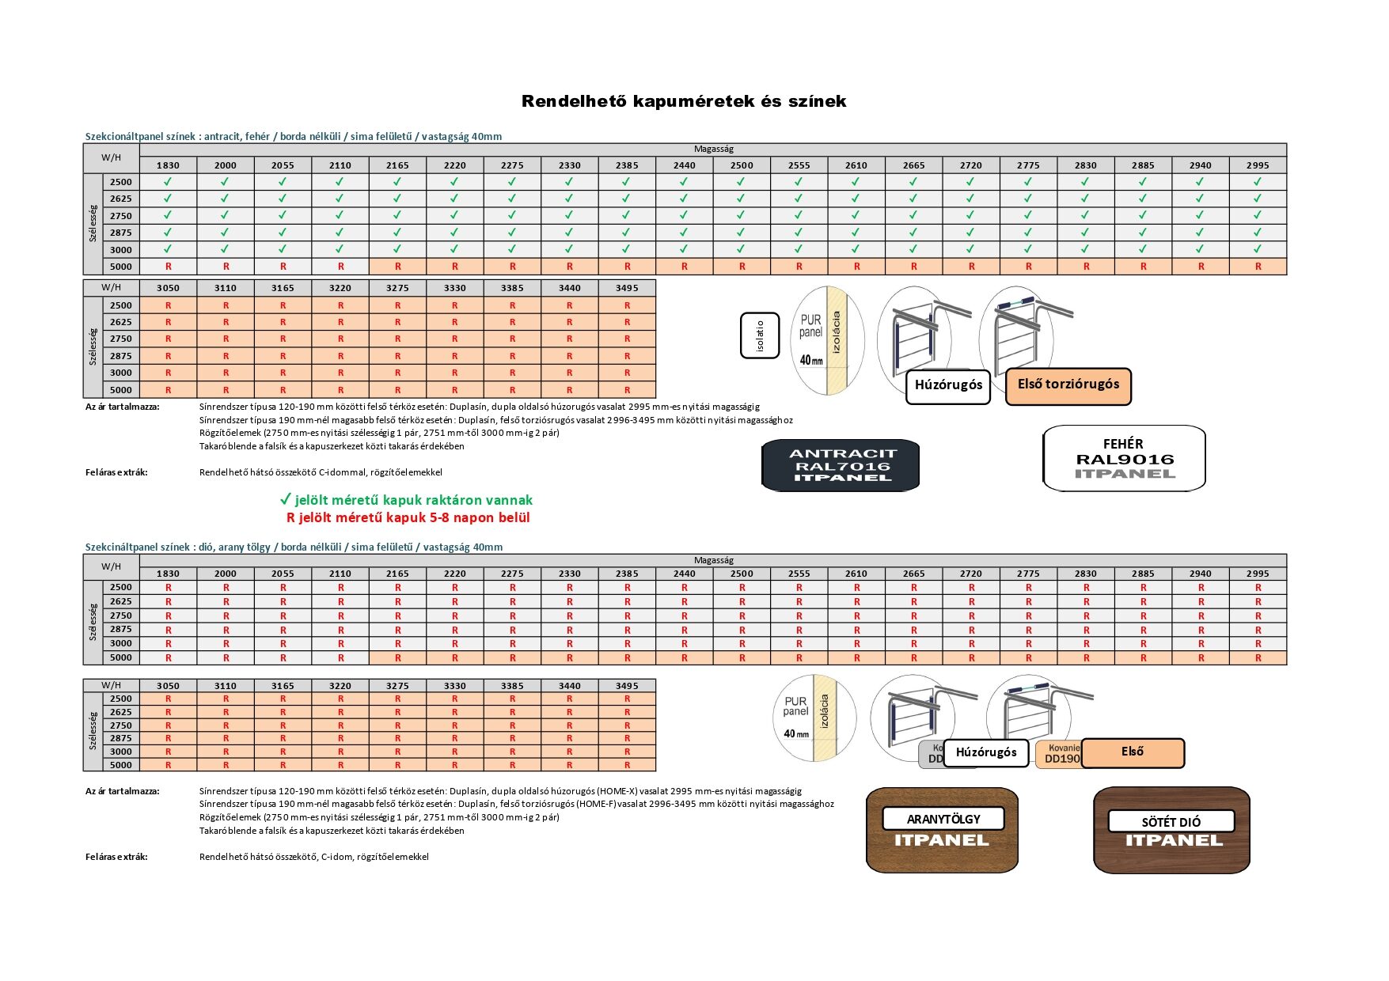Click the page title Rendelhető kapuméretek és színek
(x=684, y=101)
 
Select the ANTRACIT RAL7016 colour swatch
(x=841, y=465)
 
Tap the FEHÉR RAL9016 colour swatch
(x=1124, y=459)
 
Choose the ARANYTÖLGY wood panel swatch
(x=942, y=830)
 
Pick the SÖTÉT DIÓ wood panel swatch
(x=1171, y=830)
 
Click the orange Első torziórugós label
(x=1068, y=385)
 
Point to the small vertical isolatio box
(x=761, y=335)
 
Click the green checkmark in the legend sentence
(x=286, y=499)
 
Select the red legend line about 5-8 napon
(x=408, y=517)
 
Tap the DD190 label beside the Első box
(x=1061, y=758)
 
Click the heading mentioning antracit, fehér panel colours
(x=293, y=136)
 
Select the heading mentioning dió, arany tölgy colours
(x=294, y=547)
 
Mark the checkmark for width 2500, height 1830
(x=168, y=182)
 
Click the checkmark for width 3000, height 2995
(x=1258, y=249)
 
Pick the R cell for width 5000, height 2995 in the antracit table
(x=1258, y=267)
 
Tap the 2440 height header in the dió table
(x=685, y=574)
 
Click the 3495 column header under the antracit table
(x=627, y=288)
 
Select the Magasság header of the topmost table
(x=713, y=149)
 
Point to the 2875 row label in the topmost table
(x=121, y=233)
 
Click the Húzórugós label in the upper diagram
(x=948, y=385)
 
